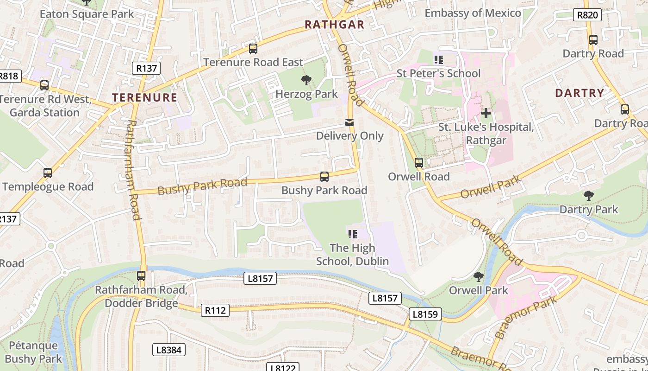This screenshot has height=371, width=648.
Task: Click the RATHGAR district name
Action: click(335, 25)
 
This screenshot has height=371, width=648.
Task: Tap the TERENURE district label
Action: click(145, 97)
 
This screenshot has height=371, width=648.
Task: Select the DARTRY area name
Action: click(579, 93)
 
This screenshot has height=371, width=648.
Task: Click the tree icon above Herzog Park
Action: click(306, 81)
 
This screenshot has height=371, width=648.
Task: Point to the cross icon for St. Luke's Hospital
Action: click(486, 113)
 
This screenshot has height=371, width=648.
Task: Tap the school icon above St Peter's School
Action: click(438, 59)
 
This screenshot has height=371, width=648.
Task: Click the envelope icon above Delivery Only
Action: click(349, 122)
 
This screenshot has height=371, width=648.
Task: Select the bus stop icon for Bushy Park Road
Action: click(324, 177)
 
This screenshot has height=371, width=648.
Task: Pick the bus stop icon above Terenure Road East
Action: click(253, 49)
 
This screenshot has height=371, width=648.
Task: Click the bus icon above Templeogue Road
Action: click(47, 173)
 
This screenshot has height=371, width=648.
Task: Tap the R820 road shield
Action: click(587, 15)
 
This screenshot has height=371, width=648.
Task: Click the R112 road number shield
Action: click(215, 310)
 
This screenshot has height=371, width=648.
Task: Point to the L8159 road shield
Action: click(425, 314)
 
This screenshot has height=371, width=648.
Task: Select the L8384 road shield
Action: click(168, 350)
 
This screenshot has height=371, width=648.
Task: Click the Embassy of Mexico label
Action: click(473, 13)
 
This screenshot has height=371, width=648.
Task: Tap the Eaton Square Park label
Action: click(87, 14)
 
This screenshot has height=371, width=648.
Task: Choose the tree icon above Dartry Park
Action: click(588, 196)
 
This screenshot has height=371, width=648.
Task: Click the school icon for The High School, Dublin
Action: click(352, 234)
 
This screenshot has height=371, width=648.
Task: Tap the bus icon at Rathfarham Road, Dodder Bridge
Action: click(141, 276)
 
